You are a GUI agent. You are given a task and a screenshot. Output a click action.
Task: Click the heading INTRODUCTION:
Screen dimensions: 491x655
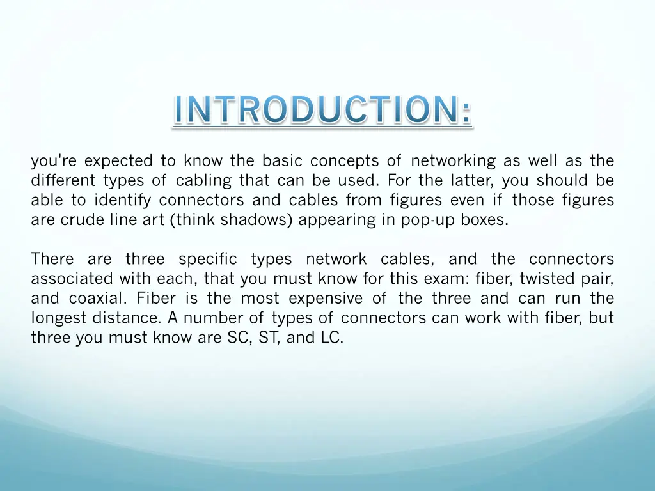322,111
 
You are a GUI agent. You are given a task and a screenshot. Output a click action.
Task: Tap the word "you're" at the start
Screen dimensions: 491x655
53,160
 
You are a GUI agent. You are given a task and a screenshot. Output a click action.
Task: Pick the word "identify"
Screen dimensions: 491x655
122,200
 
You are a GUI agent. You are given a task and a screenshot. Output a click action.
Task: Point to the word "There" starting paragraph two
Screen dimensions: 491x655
52,259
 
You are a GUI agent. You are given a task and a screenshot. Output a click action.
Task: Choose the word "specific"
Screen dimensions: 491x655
207,259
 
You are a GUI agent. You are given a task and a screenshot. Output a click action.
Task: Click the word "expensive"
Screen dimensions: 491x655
326,299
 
